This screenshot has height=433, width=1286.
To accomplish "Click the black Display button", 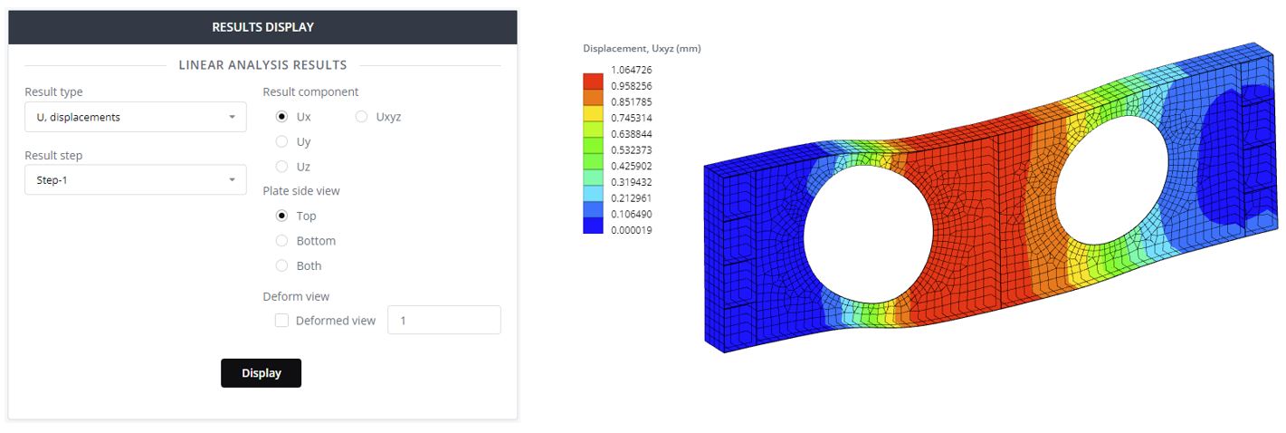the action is pos(262,373).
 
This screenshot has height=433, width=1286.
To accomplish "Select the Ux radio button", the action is pos(281,117).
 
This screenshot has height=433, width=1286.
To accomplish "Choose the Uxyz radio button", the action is pos(361,117).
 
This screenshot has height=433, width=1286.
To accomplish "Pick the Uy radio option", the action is pos(281,141).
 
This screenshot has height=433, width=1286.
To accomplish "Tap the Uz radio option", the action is pos(281,167).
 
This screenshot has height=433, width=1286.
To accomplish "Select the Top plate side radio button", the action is pos(281,216).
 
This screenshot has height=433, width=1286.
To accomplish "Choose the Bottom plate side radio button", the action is pos(281,241).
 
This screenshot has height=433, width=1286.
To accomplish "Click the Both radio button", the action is pos(281,265).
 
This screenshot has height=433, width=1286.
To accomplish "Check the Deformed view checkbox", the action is pos(281,321).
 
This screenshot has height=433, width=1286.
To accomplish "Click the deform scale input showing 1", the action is pos(444,320).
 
